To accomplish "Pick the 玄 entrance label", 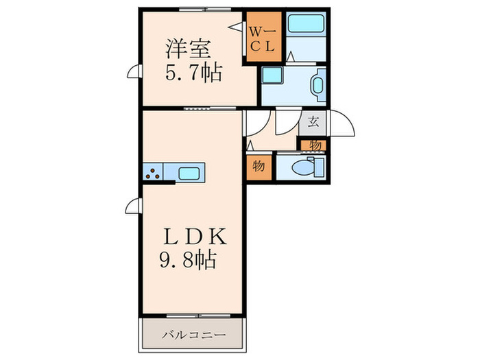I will (x=313, y=123).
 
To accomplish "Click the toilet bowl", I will (x=301, y=167).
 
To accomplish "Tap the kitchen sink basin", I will (x=190, y=173).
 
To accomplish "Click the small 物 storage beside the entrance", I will (x=313, y=145).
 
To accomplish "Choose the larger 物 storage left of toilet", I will (x=260, y=167).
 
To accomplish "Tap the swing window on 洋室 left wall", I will (x=135, y=71).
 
